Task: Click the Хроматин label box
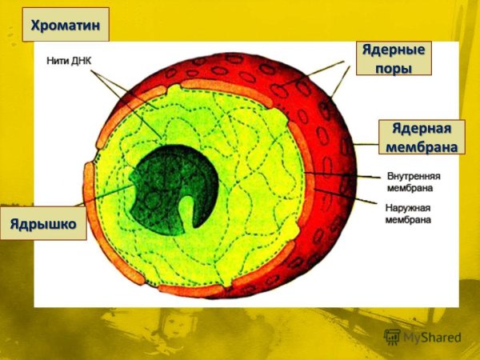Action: tap(66, 25)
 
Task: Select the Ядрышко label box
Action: tap(46, 223)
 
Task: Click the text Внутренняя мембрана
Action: tap(413, 181)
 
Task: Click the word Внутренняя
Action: tap(413, 175)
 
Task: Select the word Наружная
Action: tap(407, 206)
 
